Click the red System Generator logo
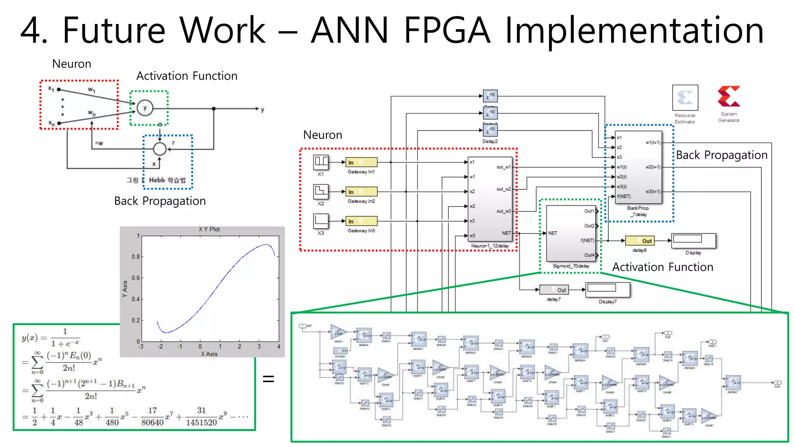pos(729,97)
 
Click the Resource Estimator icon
pos(685,98)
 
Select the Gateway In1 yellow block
pos(361,162)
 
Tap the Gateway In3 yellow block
pos(361,221)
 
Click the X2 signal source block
pos(321,191)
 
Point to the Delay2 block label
pos(490,142)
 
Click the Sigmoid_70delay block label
pos(571,266)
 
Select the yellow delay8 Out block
pos(640,241)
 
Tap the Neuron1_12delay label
pos(490,246)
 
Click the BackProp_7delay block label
pos(638,211)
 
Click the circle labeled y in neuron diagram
pos(145,108)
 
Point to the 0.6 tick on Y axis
pos(135,278)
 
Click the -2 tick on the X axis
pos(160,347)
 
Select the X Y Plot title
pos(209,229)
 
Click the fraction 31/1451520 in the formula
pos(201,416)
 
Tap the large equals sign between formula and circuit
pos(268,379)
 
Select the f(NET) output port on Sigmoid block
pos(588,241)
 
